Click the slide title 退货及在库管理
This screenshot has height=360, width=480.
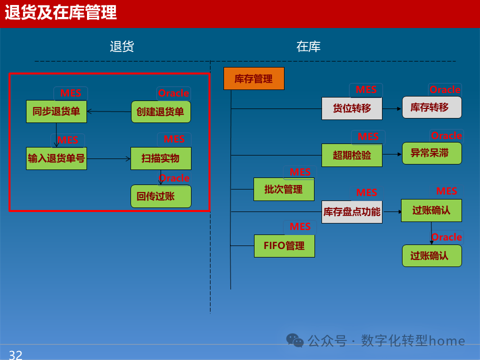pos(60,13)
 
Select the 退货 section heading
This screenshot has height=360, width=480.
pos(122,47)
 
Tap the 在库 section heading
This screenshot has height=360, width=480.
pos(308,47)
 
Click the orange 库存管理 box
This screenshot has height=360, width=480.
pos(253,78)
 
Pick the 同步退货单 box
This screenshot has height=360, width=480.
pos(56,111)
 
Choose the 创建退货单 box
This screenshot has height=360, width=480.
pos(160,111)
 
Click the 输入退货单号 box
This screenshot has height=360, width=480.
pos(56,158)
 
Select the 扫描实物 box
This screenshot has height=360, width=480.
pos(160,158)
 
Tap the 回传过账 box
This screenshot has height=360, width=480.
pos(160,196)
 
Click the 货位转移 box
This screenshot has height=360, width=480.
pos(351,108)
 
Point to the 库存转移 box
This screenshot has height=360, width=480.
pos(431,107)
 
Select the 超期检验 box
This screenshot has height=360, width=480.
pos(351,155)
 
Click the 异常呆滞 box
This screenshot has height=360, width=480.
pos(431,153)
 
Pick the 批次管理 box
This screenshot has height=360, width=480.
pos(283,189)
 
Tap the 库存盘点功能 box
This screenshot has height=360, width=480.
pos(351,212)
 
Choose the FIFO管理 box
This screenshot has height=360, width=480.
pos(284,246)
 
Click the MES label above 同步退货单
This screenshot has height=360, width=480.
pos(70,93)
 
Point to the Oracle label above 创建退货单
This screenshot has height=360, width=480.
pos(173,93)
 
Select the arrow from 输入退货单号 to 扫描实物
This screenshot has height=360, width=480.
pos(108,158)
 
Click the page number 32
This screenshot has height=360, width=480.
pos(15,354)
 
